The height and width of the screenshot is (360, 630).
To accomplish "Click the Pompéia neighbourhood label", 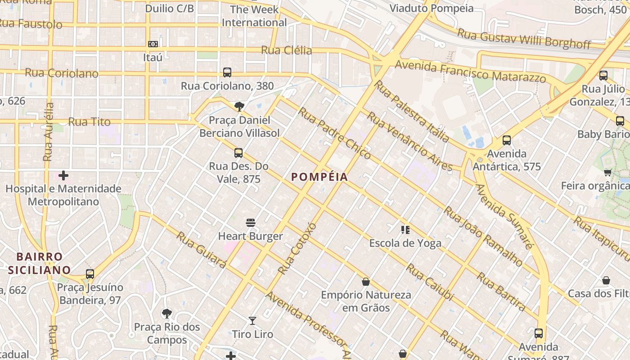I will [319, 177].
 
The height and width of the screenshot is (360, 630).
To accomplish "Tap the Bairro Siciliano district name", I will [39, 263].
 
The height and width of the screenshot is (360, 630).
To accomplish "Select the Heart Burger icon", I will [251, 223].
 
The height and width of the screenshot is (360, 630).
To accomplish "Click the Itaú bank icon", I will [153, 44].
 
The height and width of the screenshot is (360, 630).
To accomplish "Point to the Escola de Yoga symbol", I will [405, 230].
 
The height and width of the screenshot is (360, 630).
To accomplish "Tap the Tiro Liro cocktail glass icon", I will [252, 321].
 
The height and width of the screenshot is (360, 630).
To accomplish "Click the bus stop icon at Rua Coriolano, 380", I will [227, 72].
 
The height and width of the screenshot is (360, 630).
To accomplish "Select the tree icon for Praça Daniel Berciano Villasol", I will [239, 107].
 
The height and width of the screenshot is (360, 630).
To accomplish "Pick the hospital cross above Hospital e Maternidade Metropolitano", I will [63, 175].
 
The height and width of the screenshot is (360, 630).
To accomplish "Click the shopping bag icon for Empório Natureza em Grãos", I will [366, 282].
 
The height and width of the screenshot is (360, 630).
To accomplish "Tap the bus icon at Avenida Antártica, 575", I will [507, 140].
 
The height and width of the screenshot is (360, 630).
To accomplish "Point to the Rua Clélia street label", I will [287, 50].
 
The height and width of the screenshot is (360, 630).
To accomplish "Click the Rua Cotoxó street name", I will [297, 248].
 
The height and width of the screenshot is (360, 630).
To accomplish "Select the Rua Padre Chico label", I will [334, 133].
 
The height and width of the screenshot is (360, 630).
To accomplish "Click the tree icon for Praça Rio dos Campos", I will [167, 313].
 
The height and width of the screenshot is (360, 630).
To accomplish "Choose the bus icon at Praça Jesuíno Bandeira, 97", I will [90, 274].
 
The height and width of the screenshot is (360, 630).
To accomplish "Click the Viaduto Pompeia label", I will [432, 8].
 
